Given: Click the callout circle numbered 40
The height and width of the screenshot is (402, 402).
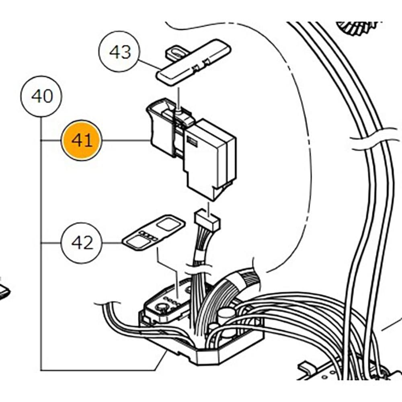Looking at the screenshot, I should (x=42, y=96).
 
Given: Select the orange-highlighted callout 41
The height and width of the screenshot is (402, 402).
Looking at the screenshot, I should (x=82, y=140).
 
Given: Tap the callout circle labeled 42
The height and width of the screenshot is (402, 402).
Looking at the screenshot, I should (x=82, y=243).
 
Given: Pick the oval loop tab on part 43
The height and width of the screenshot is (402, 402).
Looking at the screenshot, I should (x=175, y=52).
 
